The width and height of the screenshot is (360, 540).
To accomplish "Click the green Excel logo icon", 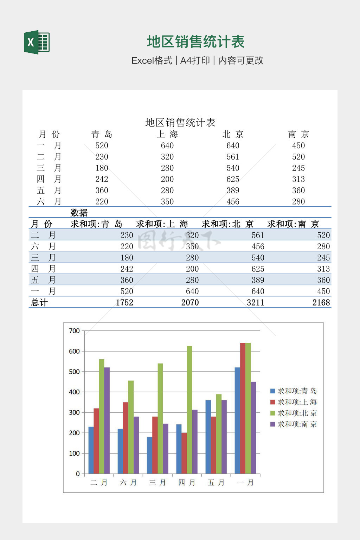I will tap(37, 42).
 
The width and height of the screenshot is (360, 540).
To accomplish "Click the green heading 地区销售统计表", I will tap(195, 42).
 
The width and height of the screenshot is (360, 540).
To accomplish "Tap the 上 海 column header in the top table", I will tap(167, 134).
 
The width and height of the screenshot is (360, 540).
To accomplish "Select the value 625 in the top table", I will tap(233, 179).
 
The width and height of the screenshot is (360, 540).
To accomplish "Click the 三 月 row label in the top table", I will tap(49, 168).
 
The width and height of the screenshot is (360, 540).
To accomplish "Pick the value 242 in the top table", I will tap(102, 179).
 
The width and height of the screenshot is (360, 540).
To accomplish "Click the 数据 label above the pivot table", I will tap(79, 213).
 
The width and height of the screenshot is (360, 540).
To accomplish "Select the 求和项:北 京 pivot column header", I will tap(227, 224).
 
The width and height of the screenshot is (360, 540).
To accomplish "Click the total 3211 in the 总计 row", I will tap(255, 303).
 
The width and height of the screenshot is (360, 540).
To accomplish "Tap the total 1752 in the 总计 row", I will tap(124, 303).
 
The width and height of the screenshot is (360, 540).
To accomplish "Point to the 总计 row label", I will tap(39, 303).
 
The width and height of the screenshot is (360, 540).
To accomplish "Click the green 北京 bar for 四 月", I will tap(189, 410).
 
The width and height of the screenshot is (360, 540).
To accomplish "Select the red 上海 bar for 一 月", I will tap(243, 408).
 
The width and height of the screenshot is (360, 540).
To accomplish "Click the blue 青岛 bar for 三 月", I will tap(149, 455).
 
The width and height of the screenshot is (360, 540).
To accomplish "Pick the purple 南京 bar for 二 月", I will tap(107, 420).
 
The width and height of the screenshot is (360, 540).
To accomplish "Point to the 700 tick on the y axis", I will tap(75, 331).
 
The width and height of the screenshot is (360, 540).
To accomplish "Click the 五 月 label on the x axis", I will tap(216, 483).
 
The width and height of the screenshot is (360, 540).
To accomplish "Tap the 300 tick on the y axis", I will tap(75, 412).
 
